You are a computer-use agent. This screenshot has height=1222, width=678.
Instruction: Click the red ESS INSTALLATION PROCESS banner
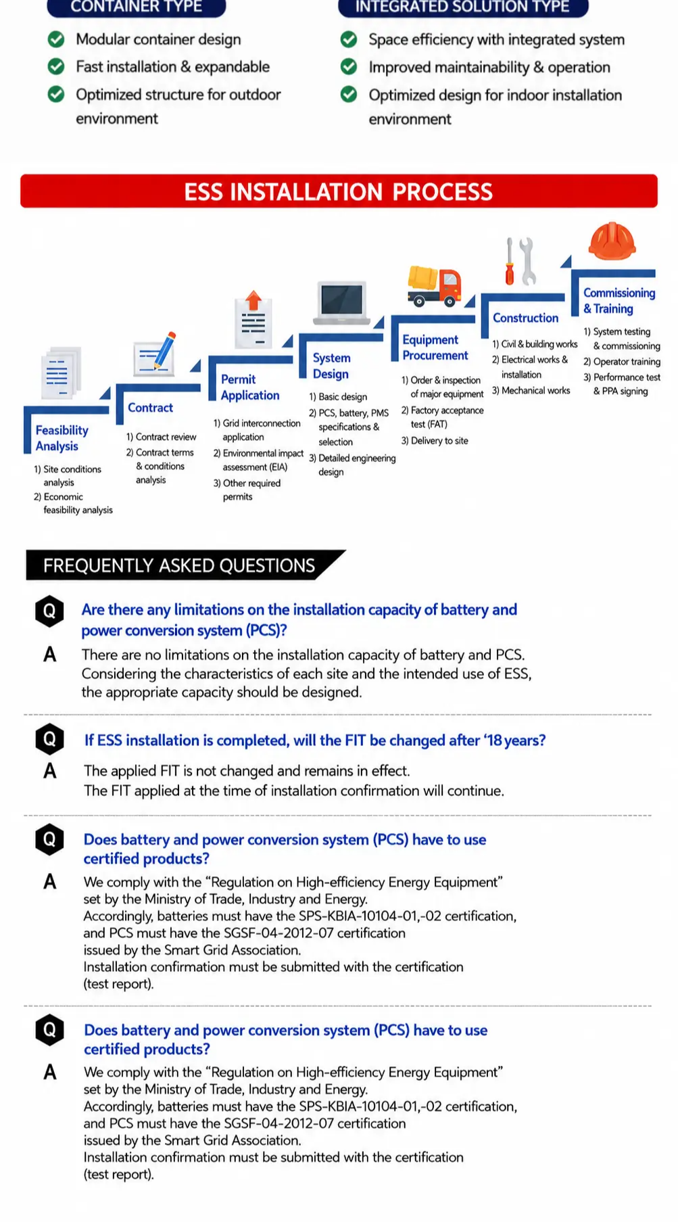coord(339,191)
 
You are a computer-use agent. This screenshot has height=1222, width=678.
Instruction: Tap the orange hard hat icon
coord(612,241)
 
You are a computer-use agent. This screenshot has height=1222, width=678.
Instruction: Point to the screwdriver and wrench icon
coord(520,261)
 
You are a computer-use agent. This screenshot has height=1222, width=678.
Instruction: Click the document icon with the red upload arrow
coord(253,321)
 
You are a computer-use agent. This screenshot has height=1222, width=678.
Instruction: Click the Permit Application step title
coord(250,387)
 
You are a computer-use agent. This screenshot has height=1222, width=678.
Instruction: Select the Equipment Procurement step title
coord(435,348)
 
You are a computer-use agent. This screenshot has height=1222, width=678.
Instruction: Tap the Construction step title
coord(525,318)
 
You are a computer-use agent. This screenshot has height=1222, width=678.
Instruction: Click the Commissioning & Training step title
coord(619,301)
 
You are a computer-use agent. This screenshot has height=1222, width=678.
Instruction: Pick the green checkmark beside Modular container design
coord(56,39)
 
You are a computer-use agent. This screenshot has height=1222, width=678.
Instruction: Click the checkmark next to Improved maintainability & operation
coord(349,67)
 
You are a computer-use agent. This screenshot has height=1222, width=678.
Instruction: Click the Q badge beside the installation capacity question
coord(49,611)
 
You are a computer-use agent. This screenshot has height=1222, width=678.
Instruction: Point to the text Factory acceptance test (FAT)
coord(443,417)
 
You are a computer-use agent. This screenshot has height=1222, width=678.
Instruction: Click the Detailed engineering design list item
coord(352,465)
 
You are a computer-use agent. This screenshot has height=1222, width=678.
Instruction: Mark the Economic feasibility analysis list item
coord(73,503)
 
